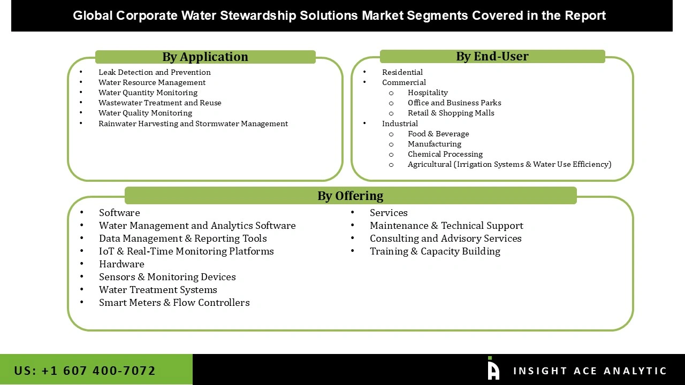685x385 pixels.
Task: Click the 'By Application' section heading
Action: tap(205, 57)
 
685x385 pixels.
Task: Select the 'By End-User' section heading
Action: tap(492, 56)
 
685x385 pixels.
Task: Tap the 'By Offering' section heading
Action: tap(350, 196)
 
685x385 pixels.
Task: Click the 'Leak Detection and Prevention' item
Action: tap(154, 72)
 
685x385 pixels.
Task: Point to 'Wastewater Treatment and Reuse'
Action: tap(159, 103)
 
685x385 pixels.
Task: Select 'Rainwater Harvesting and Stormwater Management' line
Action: tap(193, 124)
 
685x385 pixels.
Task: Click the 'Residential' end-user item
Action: tap(402, 72)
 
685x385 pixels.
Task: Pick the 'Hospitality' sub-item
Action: tap(428, 93)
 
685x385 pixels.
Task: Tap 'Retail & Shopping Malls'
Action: tap(451, 113)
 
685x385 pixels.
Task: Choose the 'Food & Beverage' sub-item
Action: tap(438, 134)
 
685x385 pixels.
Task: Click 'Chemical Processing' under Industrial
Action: tap(445, 154)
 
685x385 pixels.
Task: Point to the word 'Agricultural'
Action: tap(429, 164)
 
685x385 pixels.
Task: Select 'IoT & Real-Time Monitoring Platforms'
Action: tap(186, 251)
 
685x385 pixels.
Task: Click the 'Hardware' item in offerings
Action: tap(121, 264)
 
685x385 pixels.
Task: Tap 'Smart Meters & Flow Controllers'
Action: tap(174, 303)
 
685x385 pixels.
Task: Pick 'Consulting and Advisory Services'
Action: tap(445, 238)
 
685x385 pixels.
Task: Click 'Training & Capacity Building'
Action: tap(435, 251)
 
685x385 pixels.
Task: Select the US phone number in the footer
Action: tap(85, 371)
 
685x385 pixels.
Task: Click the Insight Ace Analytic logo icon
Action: tap(493, 369)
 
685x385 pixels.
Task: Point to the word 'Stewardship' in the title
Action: tap(258, 16)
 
